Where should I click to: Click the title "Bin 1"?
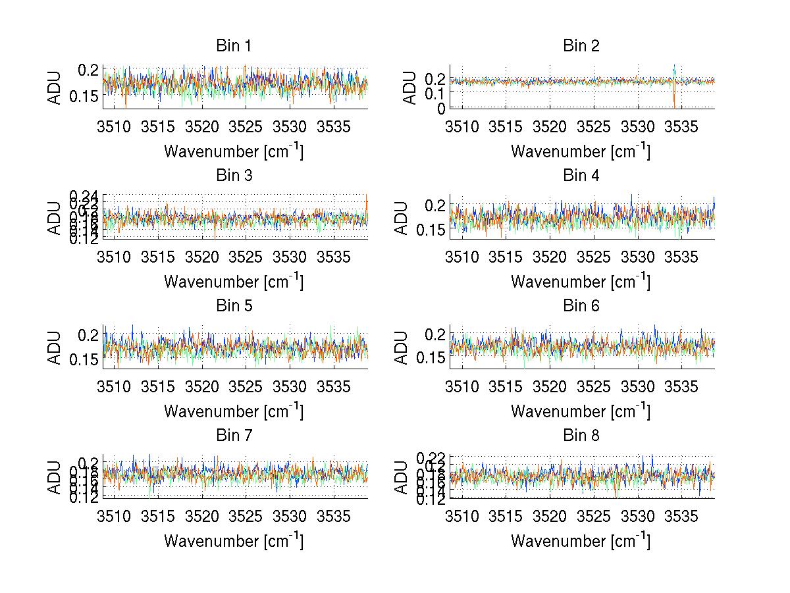[234, 46]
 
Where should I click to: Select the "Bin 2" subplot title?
[581, 46]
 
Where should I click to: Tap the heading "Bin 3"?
[234, 176]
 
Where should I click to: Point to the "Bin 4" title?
[581, 176]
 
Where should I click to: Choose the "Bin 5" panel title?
[234, 306]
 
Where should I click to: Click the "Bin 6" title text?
[581, 306]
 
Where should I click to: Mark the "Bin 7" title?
[234, 436]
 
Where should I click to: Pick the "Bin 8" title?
[581, 436]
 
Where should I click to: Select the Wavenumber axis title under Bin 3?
[234, 281]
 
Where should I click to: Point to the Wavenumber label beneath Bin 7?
[234, 541]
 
